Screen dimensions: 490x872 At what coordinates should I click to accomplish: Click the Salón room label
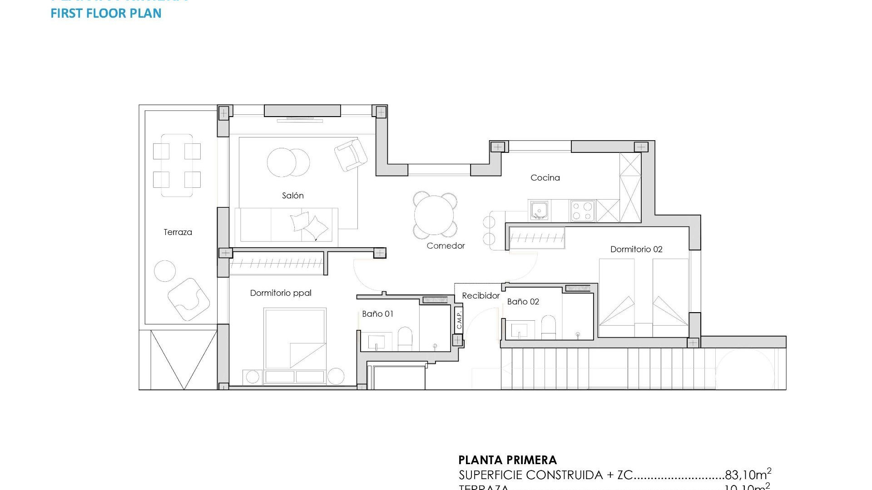(x=292, y=196)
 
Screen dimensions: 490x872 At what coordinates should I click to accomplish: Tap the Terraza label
(x=178, y=232)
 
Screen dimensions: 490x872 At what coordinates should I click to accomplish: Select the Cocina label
(x=545, y=178)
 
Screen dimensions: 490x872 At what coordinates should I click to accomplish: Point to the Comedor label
(x=446, y=246)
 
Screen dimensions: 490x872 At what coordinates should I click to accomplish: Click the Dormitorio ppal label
(x=281, y=293)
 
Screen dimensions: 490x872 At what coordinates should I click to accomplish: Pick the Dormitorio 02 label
(x=636, y=249)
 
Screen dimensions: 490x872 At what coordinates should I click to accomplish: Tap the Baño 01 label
(x=377, y=314)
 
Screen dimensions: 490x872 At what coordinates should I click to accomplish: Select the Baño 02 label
(x=523, y=302)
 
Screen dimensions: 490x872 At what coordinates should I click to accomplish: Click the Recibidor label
(x=481, y=296)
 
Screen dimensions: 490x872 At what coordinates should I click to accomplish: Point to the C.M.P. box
(x=459, y=319)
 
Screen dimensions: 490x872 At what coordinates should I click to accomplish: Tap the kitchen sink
(x=539, y=211)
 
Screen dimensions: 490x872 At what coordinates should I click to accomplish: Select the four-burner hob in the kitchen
(x=582, y=211)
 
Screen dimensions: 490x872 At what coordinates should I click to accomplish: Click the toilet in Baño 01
(x=405, y=339)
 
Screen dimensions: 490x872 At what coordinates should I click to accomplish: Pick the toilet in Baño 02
(x=549, y=327)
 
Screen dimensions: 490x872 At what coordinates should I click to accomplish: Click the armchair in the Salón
(x=351, y=155)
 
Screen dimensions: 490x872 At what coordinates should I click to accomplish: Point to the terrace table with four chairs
(x=177, y=165)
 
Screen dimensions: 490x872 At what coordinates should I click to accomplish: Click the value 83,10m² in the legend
(x=748, y=475)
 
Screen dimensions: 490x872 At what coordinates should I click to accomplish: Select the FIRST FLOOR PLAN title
(x=106, y=13)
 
